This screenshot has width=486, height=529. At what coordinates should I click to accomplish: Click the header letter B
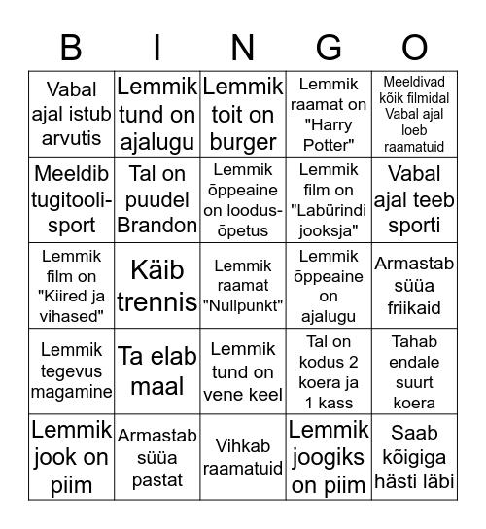click(71, 47)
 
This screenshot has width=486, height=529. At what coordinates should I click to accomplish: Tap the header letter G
click(330, 47)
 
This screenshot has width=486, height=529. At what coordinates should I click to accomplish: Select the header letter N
click(243, 47)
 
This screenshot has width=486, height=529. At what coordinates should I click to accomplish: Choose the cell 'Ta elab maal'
click(157, 371)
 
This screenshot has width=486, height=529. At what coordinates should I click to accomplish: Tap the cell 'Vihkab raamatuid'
click(243, 456)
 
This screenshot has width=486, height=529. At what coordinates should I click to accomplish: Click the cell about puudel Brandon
click(157, 199)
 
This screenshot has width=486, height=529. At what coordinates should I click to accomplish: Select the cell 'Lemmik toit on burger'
click(243, 114)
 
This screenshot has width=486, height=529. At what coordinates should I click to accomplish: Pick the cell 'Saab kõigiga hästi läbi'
click(415, 456)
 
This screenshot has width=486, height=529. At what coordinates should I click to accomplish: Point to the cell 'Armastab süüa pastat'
click(157, 456)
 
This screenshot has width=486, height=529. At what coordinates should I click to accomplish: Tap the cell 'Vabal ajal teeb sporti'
click(415, 199)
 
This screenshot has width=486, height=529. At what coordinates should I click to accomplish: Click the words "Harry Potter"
click(330, 135)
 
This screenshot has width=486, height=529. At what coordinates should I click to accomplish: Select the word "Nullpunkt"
click(243, 306)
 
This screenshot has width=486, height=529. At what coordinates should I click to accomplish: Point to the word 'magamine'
click(72, 392)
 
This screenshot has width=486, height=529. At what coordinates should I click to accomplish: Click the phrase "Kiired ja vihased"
click(72, 306)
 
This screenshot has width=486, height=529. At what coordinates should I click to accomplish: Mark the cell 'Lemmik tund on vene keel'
click(243, 371)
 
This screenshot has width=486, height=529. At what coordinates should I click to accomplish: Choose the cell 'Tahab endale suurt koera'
click(415, 371)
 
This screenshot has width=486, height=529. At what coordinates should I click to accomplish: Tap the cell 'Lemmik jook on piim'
click(72, 456)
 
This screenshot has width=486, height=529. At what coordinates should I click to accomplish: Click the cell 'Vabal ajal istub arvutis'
click(72, 114)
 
